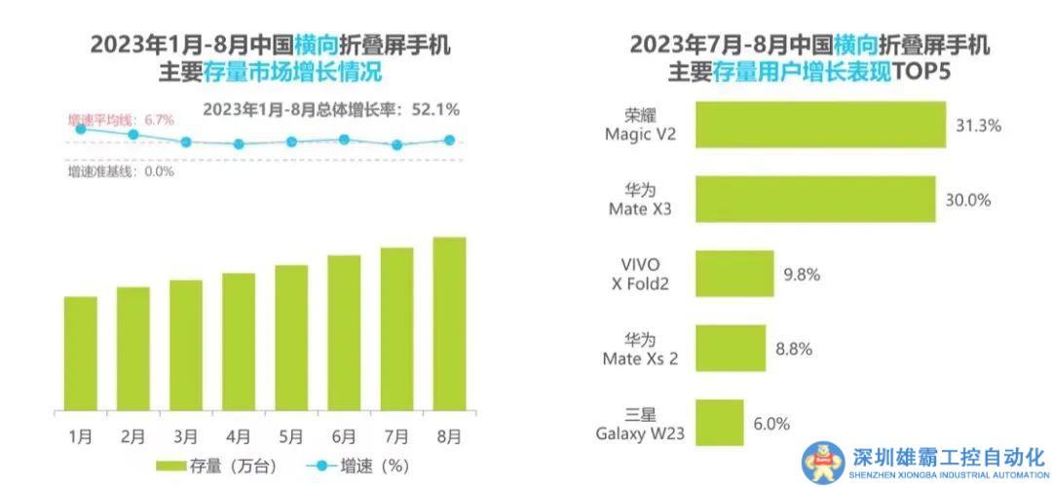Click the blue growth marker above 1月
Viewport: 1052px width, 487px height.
81,127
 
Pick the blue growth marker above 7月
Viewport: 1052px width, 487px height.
396,145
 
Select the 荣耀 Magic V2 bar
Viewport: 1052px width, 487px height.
820,125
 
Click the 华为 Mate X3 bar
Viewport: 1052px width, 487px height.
814,200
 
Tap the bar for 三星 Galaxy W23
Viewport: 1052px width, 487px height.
719,423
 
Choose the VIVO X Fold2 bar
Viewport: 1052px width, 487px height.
734,274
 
